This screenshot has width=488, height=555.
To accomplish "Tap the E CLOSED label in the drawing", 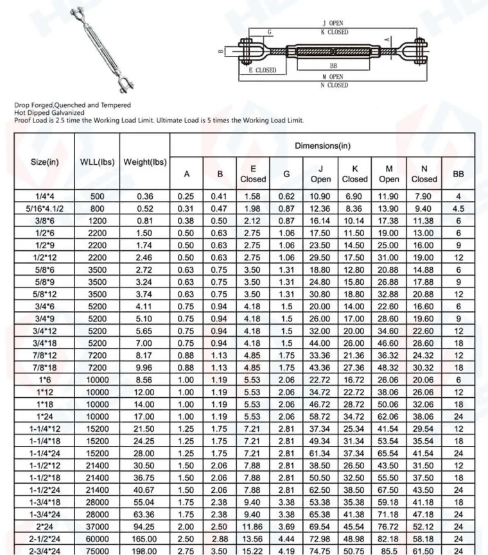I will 262,71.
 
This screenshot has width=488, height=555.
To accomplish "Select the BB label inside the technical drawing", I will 333,65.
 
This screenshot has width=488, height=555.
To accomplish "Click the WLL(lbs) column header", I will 97,162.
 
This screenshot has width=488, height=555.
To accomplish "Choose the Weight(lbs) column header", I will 144,162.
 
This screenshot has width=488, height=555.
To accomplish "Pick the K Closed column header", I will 354,173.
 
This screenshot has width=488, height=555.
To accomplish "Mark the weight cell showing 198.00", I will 144,550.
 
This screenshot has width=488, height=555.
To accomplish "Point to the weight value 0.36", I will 144,196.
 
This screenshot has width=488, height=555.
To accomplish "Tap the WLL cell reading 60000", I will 97,538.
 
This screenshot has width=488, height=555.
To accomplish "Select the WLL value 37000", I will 97,525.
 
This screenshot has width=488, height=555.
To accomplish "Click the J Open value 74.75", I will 320,550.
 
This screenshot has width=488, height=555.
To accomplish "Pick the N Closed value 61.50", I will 424,550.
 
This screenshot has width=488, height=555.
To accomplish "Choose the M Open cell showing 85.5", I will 389,550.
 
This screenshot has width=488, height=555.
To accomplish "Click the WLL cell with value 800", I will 97,209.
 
